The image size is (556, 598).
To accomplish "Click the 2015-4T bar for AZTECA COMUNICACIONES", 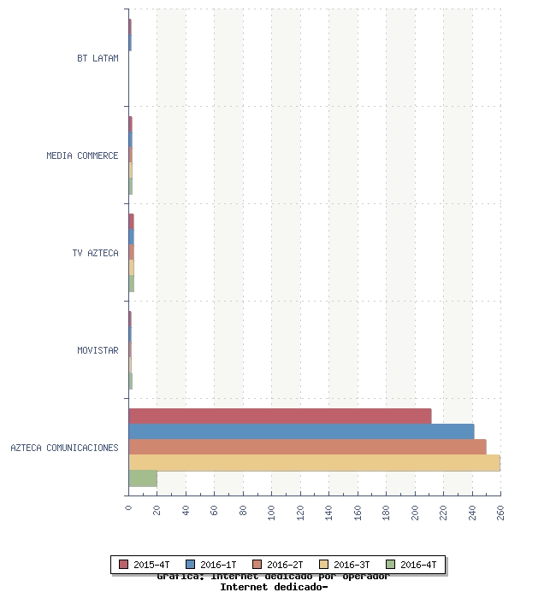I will pyautogui.click(x=280, y=416).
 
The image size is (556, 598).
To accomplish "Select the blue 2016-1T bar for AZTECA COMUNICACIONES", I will pyautogui.click(x=301, y=431).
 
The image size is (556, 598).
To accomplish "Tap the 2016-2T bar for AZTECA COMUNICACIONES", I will pyautogui.click(x=307, y=447).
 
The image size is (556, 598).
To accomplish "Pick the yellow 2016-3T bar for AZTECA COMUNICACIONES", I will pyautogui.click(x=314, y=462).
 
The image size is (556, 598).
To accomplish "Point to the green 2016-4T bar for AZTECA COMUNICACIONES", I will pyautogui.click(x=143, y=478).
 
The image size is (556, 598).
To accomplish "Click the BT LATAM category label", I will pyautogui.click(x=98, y=58).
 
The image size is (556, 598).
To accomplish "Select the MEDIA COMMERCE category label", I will pyautogui.click(x=82, y=155).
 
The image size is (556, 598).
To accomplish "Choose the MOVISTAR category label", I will pyautogui.click(x=98, y=350).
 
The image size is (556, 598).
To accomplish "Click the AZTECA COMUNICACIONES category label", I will pyautogui.click(x=64, y=448).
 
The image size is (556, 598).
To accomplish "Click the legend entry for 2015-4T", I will pyautogui.click(x=145, y=565).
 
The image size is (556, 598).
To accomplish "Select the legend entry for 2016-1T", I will pyautogui.click(x=211, y=565).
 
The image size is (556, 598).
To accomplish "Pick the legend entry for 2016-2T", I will pyautogui.click(x=278, y=565).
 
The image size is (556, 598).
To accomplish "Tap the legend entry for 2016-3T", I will pyautogui.click(x=345, y=565).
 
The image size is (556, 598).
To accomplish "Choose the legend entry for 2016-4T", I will pyautogui.click(x=411, y=565).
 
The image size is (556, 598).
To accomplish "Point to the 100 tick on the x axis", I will pyautogui.click(x=272, y=512).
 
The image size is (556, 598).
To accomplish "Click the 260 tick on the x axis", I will pyautogui.click(x=500, y=512).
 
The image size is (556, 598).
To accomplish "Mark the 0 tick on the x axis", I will pyautogui.click(x=128, y=508).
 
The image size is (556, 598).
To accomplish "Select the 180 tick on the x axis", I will pyautogui.click(x=386, y=512).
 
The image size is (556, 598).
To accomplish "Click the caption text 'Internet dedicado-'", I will pyautogui.click(x=274, y=587).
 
